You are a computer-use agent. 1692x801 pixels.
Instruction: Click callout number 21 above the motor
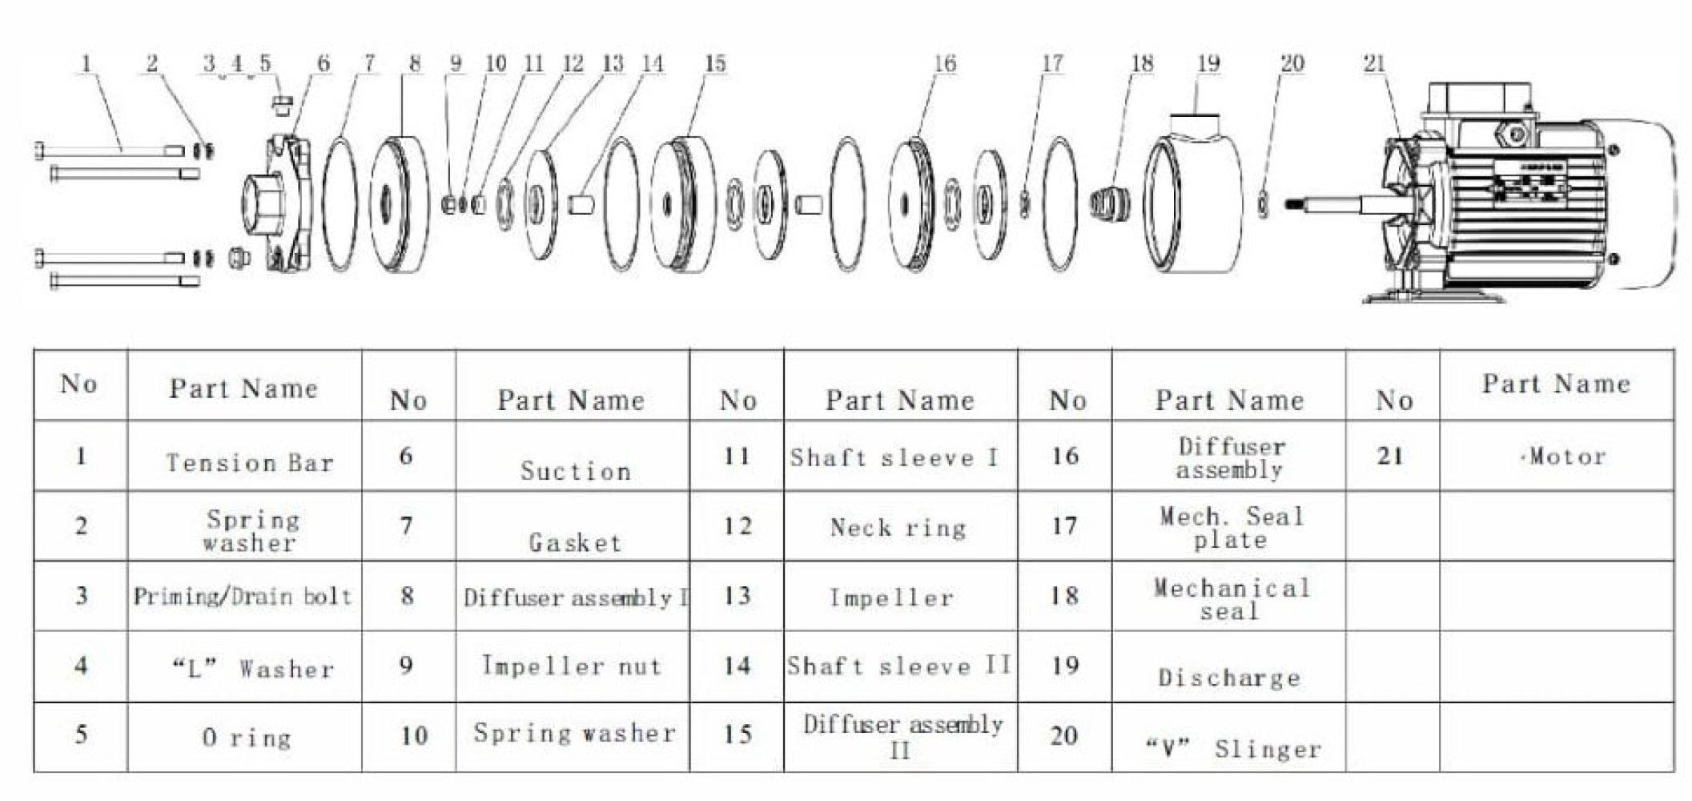tap(1374, 63)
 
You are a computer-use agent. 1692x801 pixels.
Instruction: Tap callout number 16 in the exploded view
tap(945, 63)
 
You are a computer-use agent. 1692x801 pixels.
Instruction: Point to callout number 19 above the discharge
tap(1208, 63)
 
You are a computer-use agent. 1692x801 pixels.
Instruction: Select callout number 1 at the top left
tap(86, 63)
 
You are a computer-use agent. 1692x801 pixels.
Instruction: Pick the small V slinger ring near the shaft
tap(1263, 203)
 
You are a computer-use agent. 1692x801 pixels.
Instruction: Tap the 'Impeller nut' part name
tap(572, 666)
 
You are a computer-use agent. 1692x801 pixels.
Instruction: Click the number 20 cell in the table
tap(1064, 735)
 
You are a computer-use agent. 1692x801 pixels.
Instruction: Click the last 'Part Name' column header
tap(1556, 384)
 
